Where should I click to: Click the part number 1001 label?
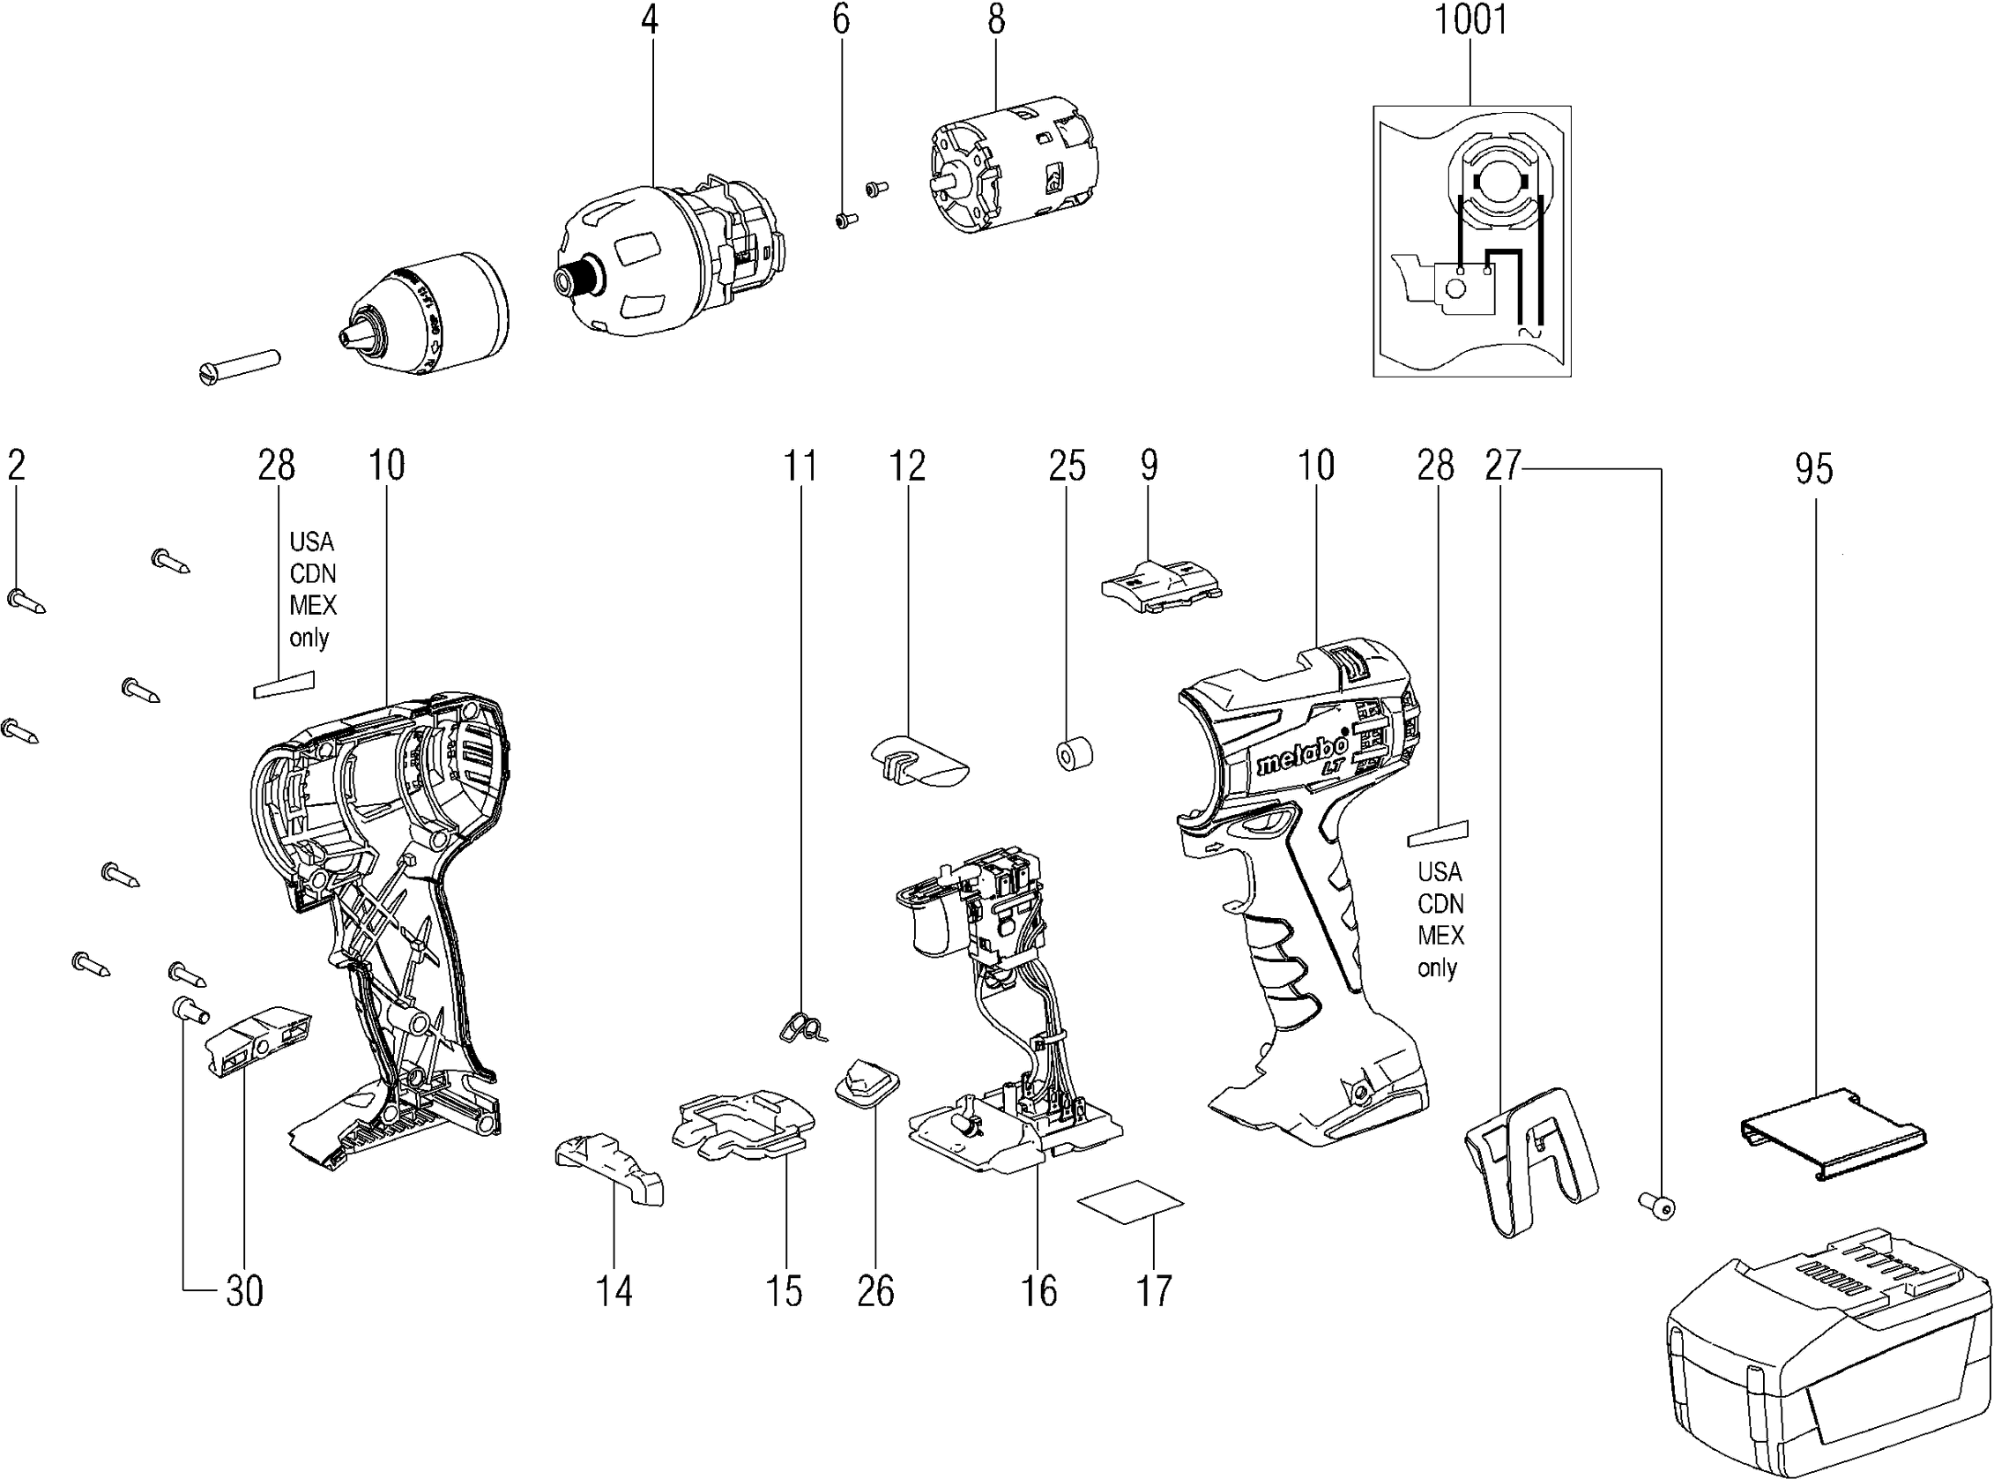1470,19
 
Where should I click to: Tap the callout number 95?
1813,469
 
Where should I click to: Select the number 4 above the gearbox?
650,19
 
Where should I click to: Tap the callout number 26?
875,1291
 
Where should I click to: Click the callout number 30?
244,1291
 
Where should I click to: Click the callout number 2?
16,466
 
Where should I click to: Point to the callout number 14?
614,1291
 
